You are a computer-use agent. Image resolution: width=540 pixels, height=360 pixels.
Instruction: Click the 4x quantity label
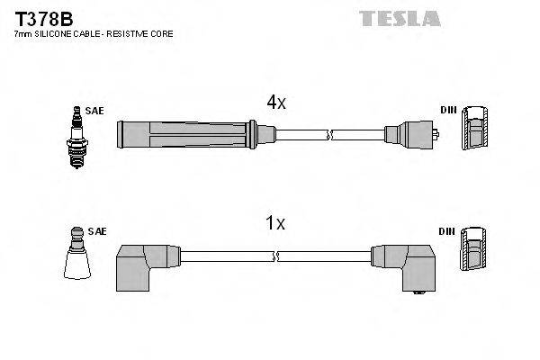275,103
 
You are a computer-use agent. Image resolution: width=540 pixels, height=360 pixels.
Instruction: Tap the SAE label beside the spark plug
95,111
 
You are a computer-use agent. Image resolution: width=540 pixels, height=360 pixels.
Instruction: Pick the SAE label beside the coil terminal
98,231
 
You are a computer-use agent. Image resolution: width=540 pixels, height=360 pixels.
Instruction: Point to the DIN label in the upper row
448,111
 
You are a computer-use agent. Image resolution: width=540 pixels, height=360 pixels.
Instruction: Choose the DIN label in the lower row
446,231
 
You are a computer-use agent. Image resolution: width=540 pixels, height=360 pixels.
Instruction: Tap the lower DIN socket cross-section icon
475,252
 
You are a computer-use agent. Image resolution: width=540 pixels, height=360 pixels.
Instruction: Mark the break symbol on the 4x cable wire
331,136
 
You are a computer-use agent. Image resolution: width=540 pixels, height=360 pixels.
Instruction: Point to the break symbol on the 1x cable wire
275,256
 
